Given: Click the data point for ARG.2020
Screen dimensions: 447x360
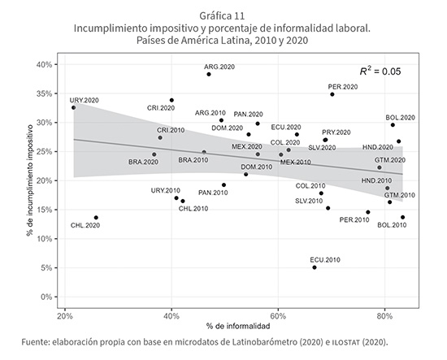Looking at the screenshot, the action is point(209,74).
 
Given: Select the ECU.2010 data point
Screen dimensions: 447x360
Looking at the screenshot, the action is point(315,267).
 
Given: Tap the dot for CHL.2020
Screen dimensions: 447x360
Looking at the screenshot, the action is point(96,218).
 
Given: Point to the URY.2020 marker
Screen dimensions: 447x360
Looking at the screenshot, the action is point(73,107).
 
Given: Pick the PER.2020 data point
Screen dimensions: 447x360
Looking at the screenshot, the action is point(332,94).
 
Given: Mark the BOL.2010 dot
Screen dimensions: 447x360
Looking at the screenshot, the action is point(402,217).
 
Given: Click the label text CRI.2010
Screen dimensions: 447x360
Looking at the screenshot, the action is point(171,130).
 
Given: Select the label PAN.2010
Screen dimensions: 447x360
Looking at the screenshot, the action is point(213,193).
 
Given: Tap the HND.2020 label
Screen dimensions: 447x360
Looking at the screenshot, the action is point(378,147).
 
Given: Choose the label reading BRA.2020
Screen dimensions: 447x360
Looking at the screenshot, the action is point(143,162).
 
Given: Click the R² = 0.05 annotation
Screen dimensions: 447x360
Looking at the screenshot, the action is point(380,72).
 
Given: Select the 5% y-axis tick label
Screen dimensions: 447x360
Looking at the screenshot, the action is point(47,268).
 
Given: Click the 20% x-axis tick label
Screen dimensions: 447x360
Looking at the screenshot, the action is point(65,316).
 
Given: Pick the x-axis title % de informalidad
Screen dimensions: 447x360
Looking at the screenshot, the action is point(238,326).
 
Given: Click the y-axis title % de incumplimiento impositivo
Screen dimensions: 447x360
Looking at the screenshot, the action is point(29,180).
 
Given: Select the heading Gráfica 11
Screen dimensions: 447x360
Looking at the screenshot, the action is point(222,15).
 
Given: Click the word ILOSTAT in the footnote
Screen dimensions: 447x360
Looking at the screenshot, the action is point(346,342).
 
